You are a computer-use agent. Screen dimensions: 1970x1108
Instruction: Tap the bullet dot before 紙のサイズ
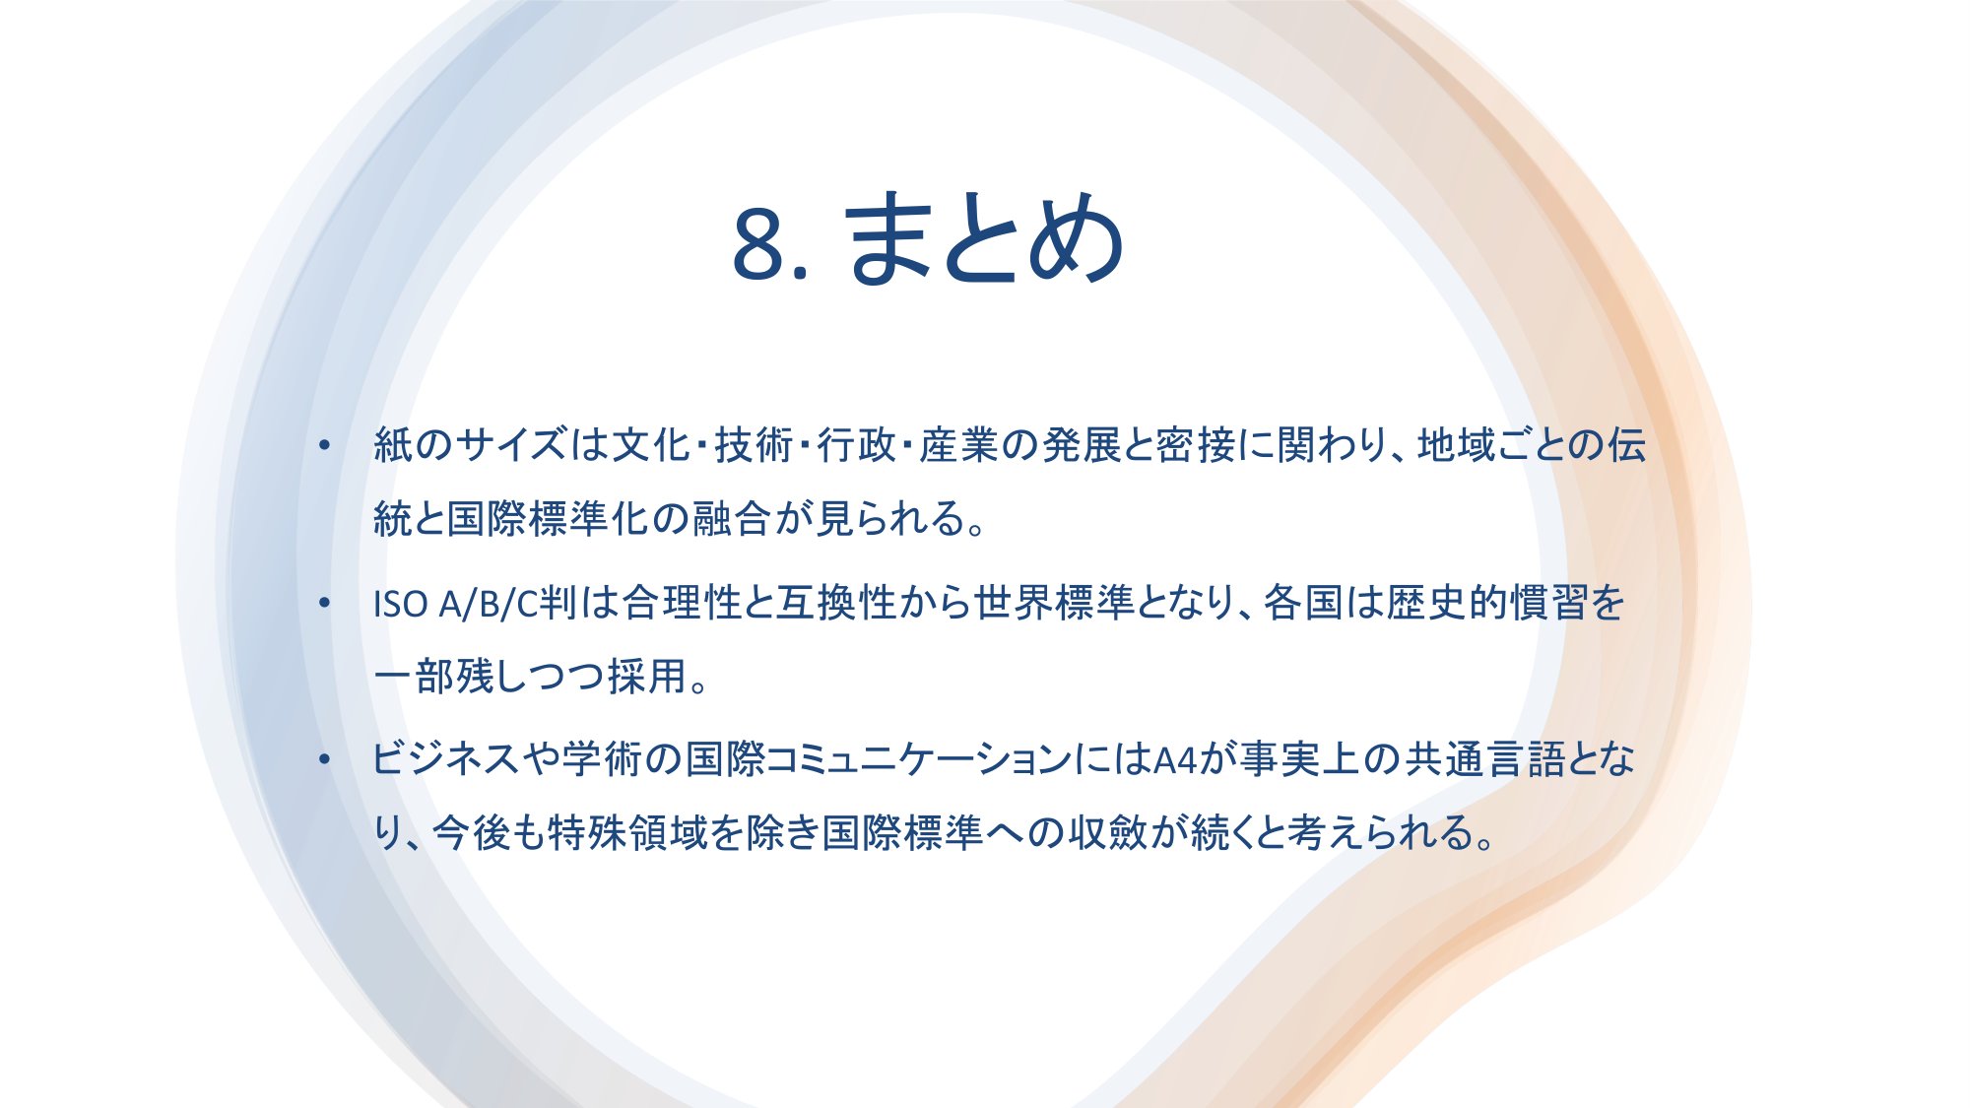pyautogui.click(x=324, y=446)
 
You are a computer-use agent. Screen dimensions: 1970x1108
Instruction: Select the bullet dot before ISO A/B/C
pyautogui.click(x=324, y=603)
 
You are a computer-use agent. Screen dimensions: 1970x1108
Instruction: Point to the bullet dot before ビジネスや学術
pyautogui.click(x=324, y=759)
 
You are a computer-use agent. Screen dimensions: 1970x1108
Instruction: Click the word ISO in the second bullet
pyautogui.click(x=400, y=604)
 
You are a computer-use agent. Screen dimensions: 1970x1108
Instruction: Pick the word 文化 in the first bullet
pyautogui.click(x=650, y=445)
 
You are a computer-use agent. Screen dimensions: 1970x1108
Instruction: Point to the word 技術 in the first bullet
pyautogui.click(x=754, y=445)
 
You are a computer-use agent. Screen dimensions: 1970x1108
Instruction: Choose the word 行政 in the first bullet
pyautogui.click(x=856, y=445)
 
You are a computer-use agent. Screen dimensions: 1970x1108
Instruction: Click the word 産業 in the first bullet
pyautogui.click(x=959, y=445)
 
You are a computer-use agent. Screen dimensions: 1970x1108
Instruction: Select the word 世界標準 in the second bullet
pyautogui.click(x=1054, y=603)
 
